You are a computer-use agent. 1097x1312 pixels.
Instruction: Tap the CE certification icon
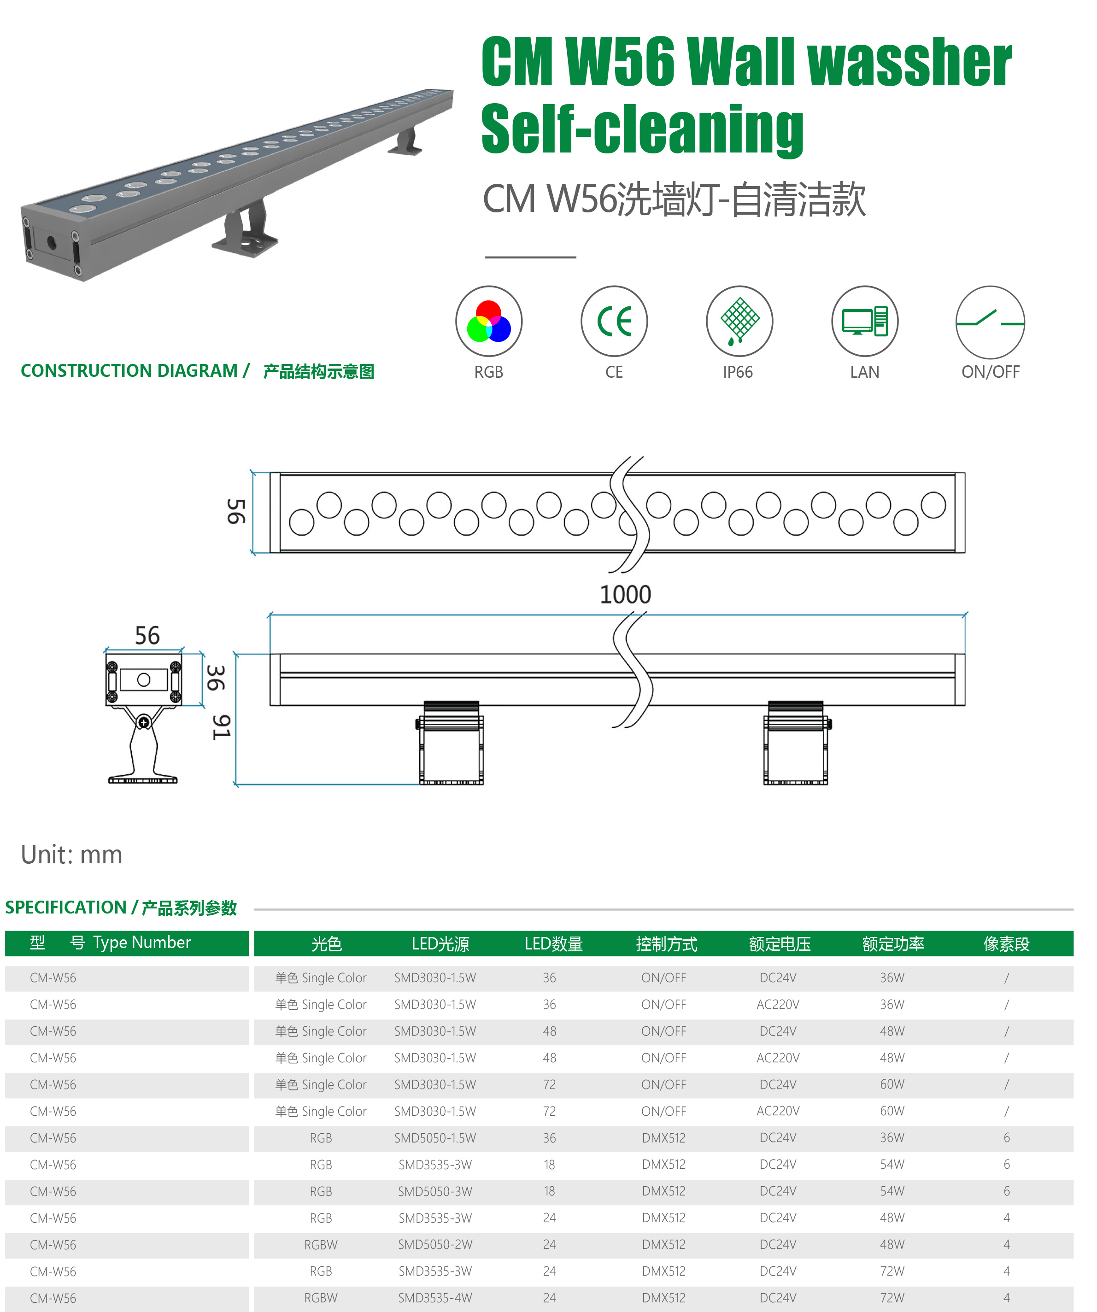(614, 321)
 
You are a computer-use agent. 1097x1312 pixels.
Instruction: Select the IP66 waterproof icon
(739, 321)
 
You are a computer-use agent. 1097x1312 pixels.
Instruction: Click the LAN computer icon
(865, 321)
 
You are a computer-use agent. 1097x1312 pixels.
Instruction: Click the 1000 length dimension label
(625, 594)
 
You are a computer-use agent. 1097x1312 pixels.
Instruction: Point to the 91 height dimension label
(221, 727)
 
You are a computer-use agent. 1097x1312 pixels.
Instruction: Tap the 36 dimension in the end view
(216, 678)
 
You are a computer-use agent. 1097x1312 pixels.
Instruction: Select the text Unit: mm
(71, 854)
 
